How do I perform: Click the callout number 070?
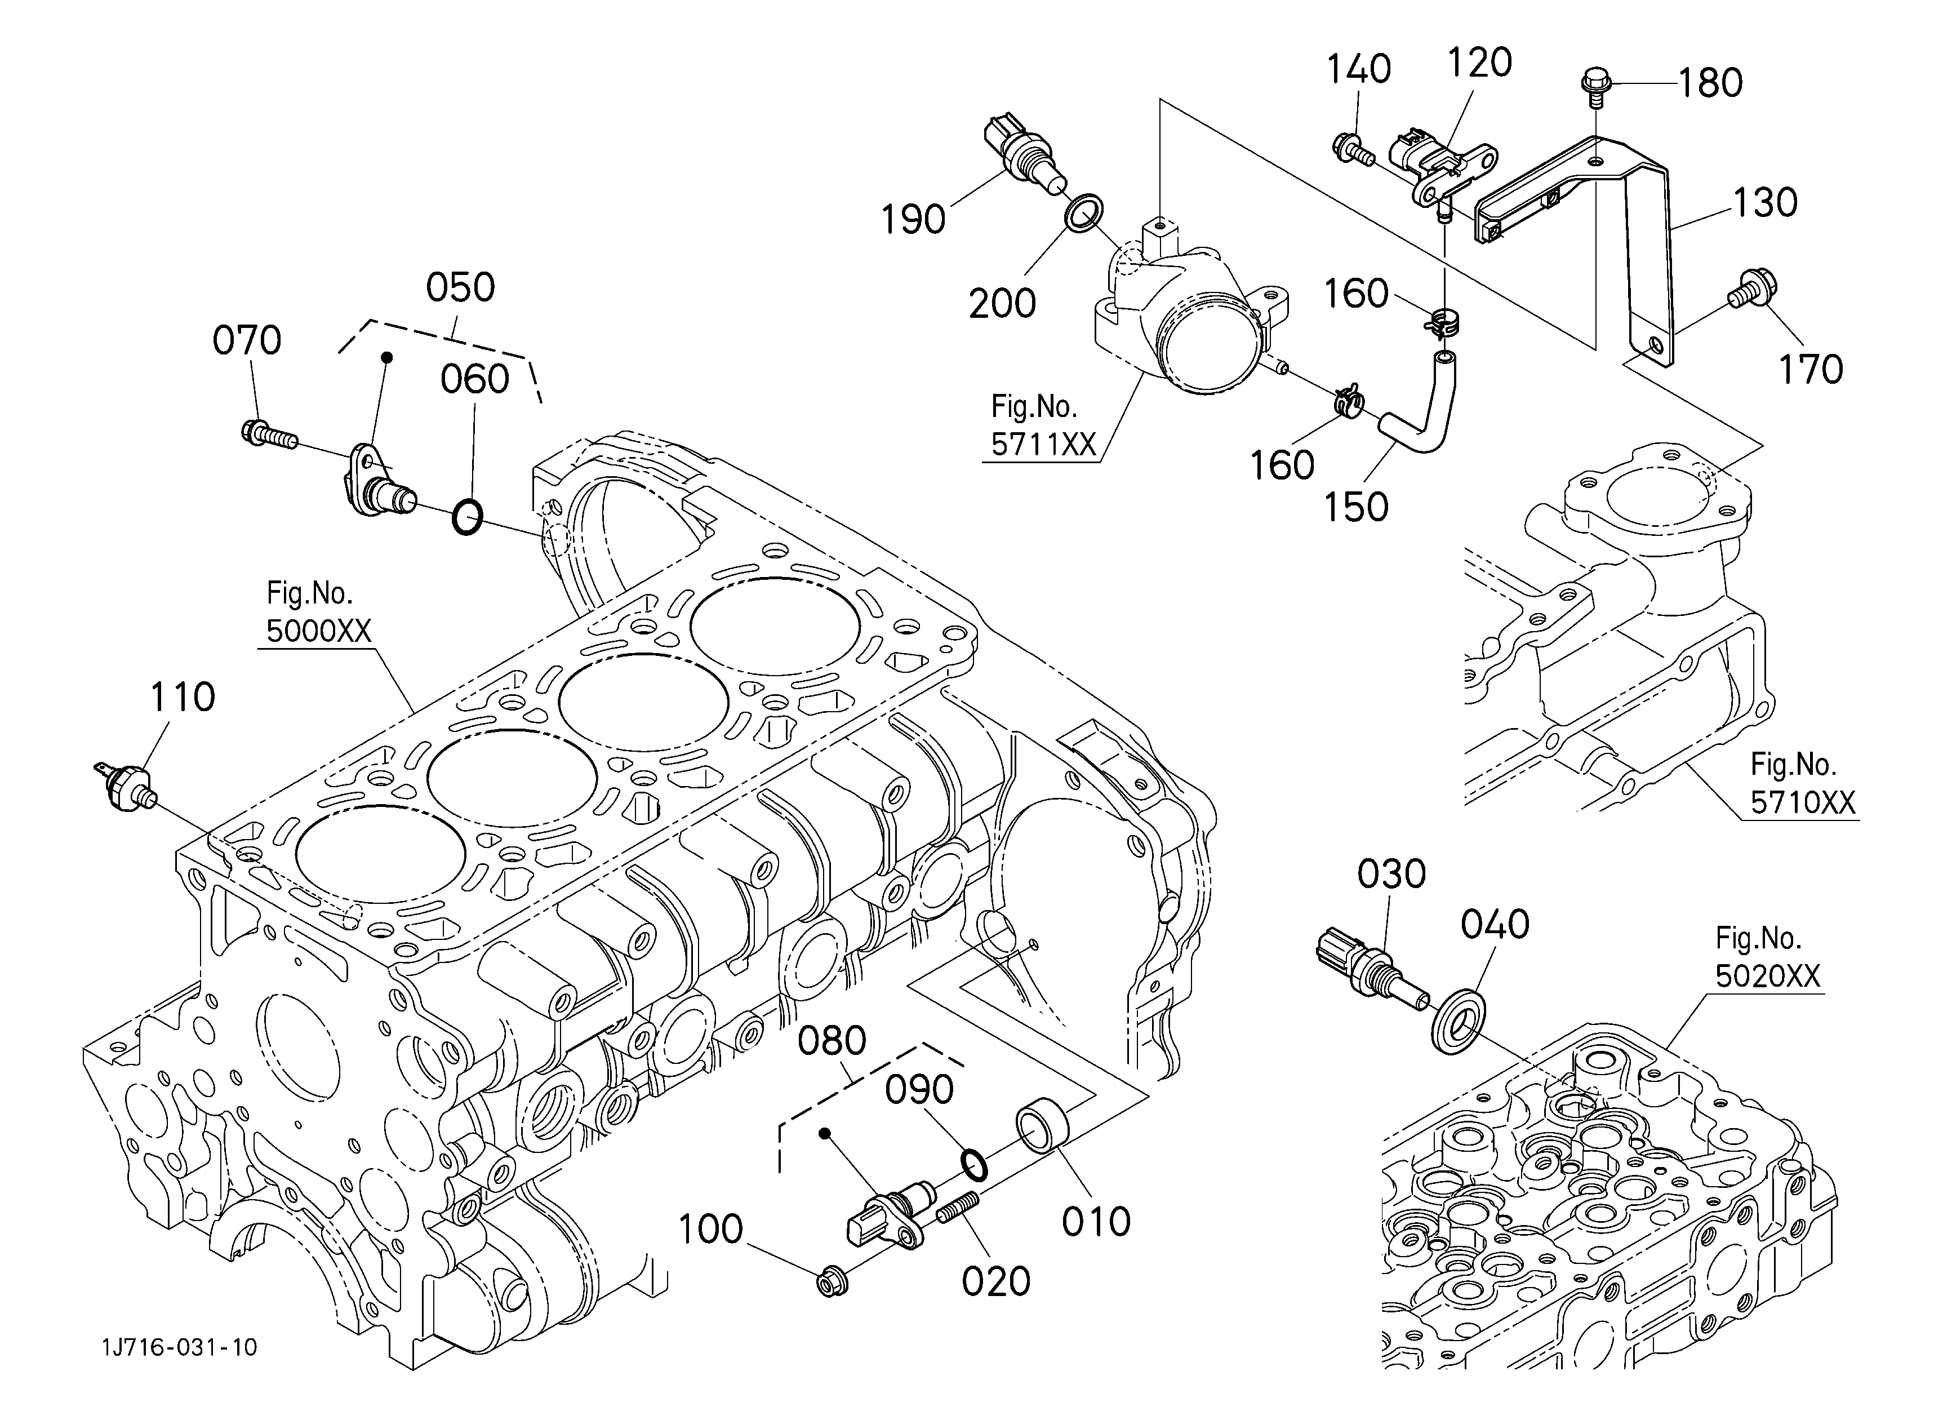tap(247, 341)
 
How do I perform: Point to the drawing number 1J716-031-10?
tap(179, 1347)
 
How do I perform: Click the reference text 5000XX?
tap(319, 631)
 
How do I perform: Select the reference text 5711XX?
tap(1043, 444)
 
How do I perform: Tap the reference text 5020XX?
tap(1767, 976)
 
